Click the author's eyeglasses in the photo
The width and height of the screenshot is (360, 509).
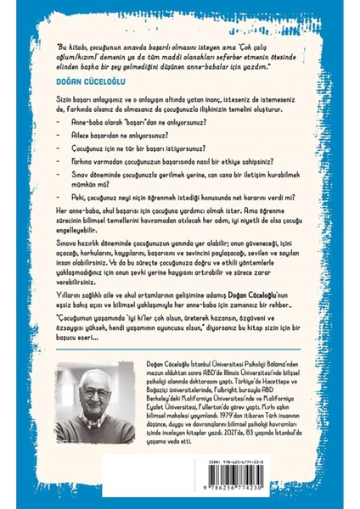click(x=112, y=399)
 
